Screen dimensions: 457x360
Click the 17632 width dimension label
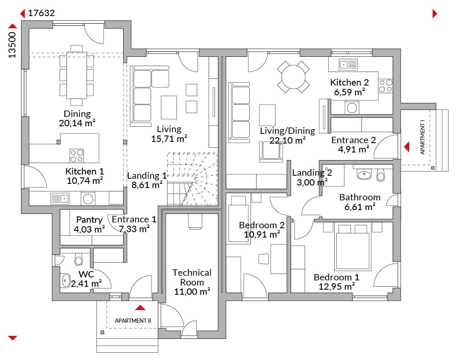coord(41,13)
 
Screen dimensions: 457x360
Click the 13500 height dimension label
coord(12,45)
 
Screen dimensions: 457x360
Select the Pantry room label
coord(89,220)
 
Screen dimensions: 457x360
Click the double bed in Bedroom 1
coord(352,247)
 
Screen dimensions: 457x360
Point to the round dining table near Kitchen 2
coord(293,77)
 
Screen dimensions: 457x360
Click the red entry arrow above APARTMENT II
coord(140,307)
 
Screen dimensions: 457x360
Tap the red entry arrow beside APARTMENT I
coord(407,147)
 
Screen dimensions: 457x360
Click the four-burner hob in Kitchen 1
coord(77,155)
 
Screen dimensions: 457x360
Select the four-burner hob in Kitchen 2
coord(385,86)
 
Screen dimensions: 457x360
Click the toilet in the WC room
coord(78,259)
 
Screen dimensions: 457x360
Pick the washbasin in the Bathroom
coord(364,175)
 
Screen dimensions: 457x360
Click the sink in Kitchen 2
coord(348,64)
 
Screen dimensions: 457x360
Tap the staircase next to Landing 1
coord(193,179)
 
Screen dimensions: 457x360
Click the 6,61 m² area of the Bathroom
coord(360,207)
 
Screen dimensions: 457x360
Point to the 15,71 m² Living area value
coord(169,138)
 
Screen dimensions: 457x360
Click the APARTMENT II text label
coord(133,321)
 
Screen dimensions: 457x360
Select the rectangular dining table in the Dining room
coord(77,75)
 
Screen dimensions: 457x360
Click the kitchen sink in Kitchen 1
coord(60,199)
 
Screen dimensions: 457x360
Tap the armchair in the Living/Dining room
coord(271,150)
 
